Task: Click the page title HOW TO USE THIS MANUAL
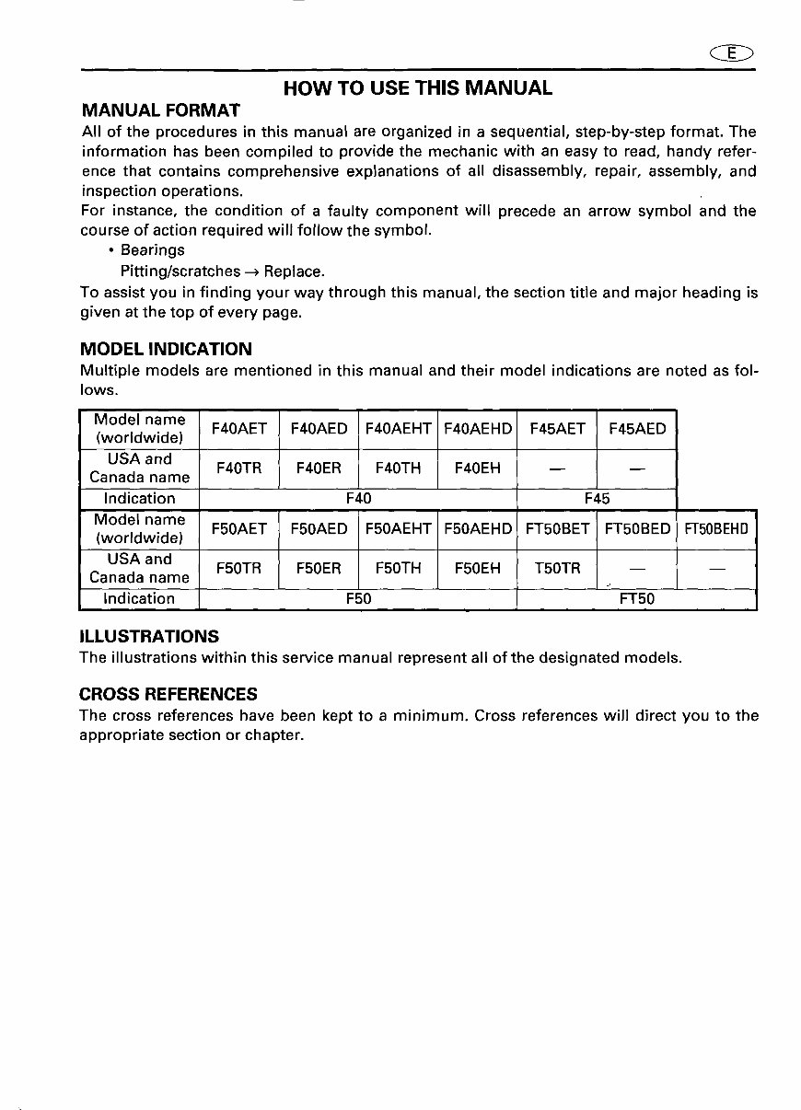click(418, 88)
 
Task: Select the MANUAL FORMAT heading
click(160, 110)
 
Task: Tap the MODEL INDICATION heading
click(166, 349)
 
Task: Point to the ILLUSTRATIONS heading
click(149, 636)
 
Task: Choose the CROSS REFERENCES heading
click(168, 694)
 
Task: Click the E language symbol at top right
click(733, 52)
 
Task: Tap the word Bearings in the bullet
click(153, 250)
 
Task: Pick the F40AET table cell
click(239, 429)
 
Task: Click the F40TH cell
click(398, 468)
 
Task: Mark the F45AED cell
click(637, 429)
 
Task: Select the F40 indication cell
click(358, 498)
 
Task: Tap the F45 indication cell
click(597, 498)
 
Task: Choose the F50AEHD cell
click(478, 529)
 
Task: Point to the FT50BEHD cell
click(717, 529)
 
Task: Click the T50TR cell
click(557, 568)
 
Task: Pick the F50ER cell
click(319, 568)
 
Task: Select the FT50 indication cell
click(637, 598)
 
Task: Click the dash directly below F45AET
click(557, 469)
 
